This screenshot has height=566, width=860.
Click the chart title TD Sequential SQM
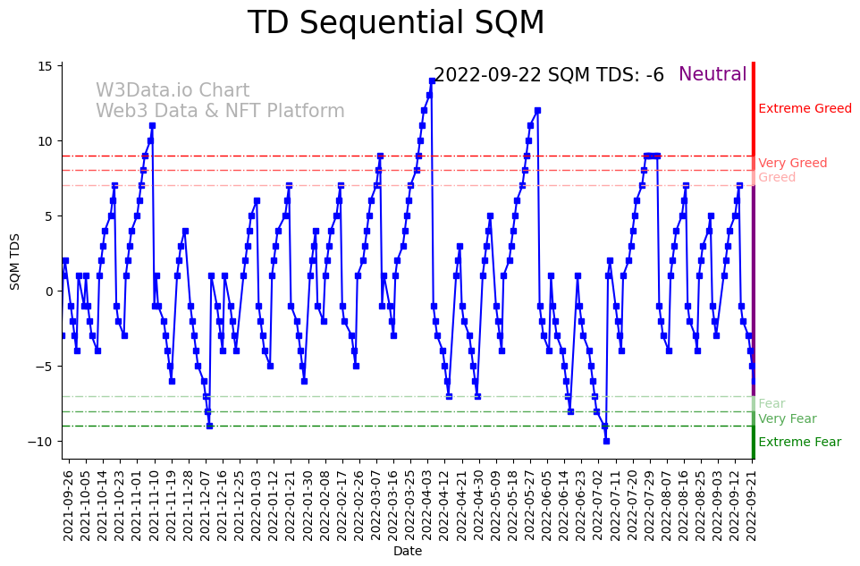[395, 23]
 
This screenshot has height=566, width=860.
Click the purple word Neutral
[712, 75]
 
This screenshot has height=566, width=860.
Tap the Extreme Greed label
[805, 109]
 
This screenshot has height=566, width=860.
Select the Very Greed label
[792, 164]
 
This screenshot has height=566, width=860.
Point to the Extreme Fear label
[799, 443]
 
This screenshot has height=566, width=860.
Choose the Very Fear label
[787, 419]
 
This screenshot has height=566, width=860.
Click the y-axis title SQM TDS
[15, 260]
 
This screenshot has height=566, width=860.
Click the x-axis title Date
[407, 552]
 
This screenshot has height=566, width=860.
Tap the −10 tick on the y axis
[42, 442]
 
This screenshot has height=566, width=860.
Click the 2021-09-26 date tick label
[69, 505]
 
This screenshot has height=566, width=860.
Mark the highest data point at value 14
[432, 80]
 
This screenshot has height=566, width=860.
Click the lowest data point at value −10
[606, 441]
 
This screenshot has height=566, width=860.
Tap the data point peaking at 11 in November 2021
[152, 125]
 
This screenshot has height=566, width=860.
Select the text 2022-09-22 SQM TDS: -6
[548, 76]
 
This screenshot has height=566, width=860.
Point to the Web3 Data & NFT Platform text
[220, 111]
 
